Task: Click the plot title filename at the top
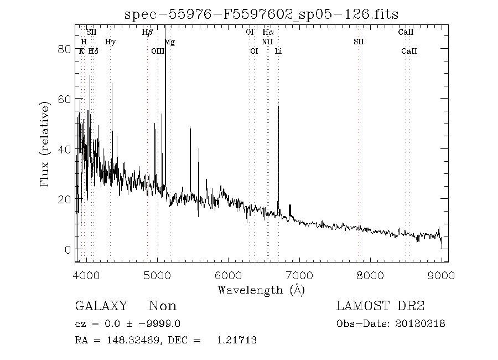point(261,13)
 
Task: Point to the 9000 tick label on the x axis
point(442,274)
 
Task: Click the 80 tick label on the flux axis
point(65,49)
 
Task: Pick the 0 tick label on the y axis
point(68,249)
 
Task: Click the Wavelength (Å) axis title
point(261,289)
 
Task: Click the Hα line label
point(268,32)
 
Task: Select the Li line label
point(279,51)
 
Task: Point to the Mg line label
point(170,42)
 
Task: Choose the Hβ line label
point(147,32)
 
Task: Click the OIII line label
point(158,51)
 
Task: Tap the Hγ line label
point(110,42)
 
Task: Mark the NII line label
point(267,42)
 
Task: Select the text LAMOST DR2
point(381,306)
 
